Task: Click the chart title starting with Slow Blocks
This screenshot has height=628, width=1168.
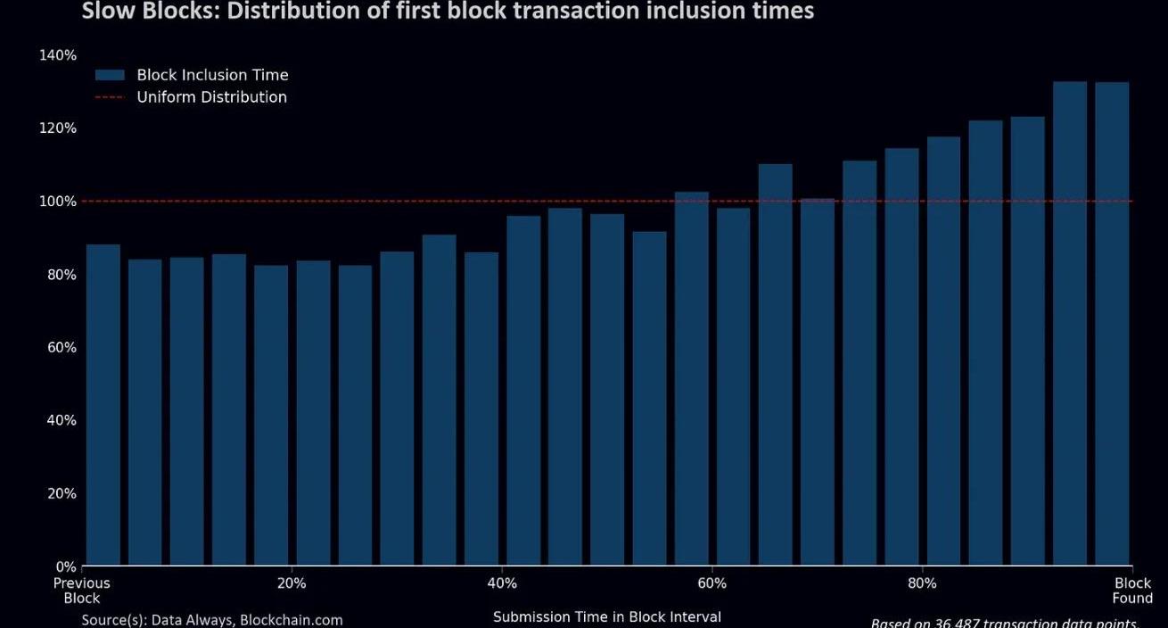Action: click(x=448, y=12)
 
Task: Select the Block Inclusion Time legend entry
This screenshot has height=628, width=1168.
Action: click(x=212, y=75)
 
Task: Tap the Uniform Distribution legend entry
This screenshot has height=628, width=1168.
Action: click(x=211, y=97)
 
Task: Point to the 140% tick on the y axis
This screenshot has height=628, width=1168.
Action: click(x=58, y=55)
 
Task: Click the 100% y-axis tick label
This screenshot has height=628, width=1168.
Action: click(x=58, y=202)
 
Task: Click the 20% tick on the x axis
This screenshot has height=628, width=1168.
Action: click(x=292, y=583)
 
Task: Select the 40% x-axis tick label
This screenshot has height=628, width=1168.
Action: click(x=502, y=583)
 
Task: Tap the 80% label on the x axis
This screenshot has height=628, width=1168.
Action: click(x=922, y=583)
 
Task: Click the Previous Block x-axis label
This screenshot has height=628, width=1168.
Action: click(x=82, y=591)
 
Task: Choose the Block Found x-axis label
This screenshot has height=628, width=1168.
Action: click(x=1132, y=591)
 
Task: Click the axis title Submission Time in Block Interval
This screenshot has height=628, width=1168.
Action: click(x=607, y=616)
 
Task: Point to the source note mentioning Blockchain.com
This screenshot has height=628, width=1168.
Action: click(x=212, y=620)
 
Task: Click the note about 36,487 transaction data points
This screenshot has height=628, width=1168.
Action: click(x=1005, y=623)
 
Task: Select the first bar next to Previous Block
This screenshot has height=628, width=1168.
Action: click(x=103, y=405)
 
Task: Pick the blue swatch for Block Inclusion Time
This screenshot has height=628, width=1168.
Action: click(x=110, y=75)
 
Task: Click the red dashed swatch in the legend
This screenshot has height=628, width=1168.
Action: click(x=110, y=97)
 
